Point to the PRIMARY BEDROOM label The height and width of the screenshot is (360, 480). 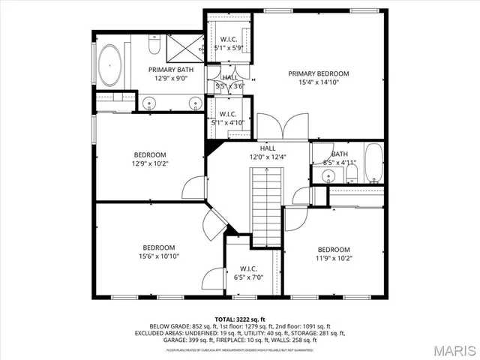coord(319,73)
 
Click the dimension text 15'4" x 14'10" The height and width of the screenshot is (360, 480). coord(319,83)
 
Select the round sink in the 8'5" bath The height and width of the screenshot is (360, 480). coord(328,176)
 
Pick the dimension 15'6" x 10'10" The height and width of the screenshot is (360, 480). coord(159,256)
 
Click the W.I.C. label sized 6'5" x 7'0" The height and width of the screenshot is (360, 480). coord(248,268)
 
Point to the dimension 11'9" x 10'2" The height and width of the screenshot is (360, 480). coord(333,259)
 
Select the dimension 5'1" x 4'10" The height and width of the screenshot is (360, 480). coord(229,122)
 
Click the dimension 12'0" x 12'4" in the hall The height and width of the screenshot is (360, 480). coord(267,157)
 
